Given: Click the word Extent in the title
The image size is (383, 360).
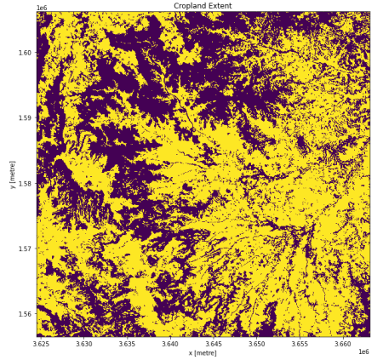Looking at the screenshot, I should (x=220, y=6).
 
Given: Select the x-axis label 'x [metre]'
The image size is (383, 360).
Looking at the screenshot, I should (x=203, y=352).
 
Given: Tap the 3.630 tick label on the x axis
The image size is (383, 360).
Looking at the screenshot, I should (x=83, y=344).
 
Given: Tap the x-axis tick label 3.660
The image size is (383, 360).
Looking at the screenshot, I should (x=343, y=344).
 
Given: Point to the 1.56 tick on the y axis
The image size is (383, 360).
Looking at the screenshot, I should (x=26, y=314).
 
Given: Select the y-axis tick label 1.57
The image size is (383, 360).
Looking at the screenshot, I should (x=26, y=249).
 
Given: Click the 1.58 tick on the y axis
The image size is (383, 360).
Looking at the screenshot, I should (x=26, y=184).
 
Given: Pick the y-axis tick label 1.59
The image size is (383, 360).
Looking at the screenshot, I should (x=26, y=118).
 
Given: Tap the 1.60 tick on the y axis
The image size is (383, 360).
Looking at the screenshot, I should (x=26, y=53).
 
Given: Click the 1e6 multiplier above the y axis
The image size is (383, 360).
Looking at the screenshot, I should (x=42, y=8).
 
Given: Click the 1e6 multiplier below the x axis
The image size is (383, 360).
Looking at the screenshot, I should (x=363, y=351).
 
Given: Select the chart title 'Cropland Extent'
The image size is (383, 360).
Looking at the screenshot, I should (x=203, y=6).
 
